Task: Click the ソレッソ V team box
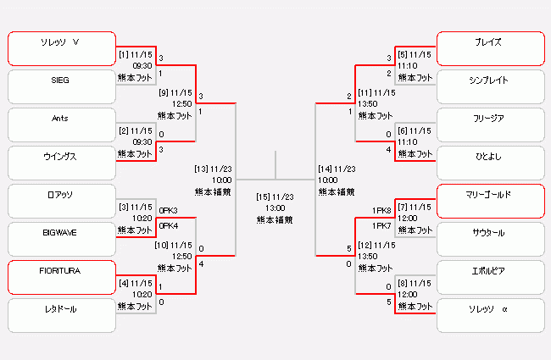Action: [x=61, y=48]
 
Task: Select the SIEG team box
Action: [x=61, y=86]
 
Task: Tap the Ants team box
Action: [x=61, y=125]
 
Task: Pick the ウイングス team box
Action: [x=61, y=163]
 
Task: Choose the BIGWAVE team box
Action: [x=61, y=239]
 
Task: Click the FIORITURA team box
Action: [x=61, y=277]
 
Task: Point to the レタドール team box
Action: [x=61, y=315]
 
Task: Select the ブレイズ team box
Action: [x=489, y=48]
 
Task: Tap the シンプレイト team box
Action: [x=489, y=86]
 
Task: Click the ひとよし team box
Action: [x=489, y=163]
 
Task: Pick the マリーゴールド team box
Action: [x=489, y=201]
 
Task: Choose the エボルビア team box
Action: [x=489, y=277]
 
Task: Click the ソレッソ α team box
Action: [x=489, y=315]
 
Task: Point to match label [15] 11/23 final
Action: [x=275, y=197]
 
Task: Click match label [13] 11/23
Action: [x=213, y=169]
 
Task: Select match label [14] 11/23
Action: [x=337, y=169]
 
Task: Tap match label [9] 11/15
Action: [x=175, y=92]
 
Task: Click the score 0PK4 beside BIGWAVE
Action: [x=168, y=226]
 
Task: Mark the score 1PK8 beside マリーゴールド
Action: [x=381, y=210]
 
